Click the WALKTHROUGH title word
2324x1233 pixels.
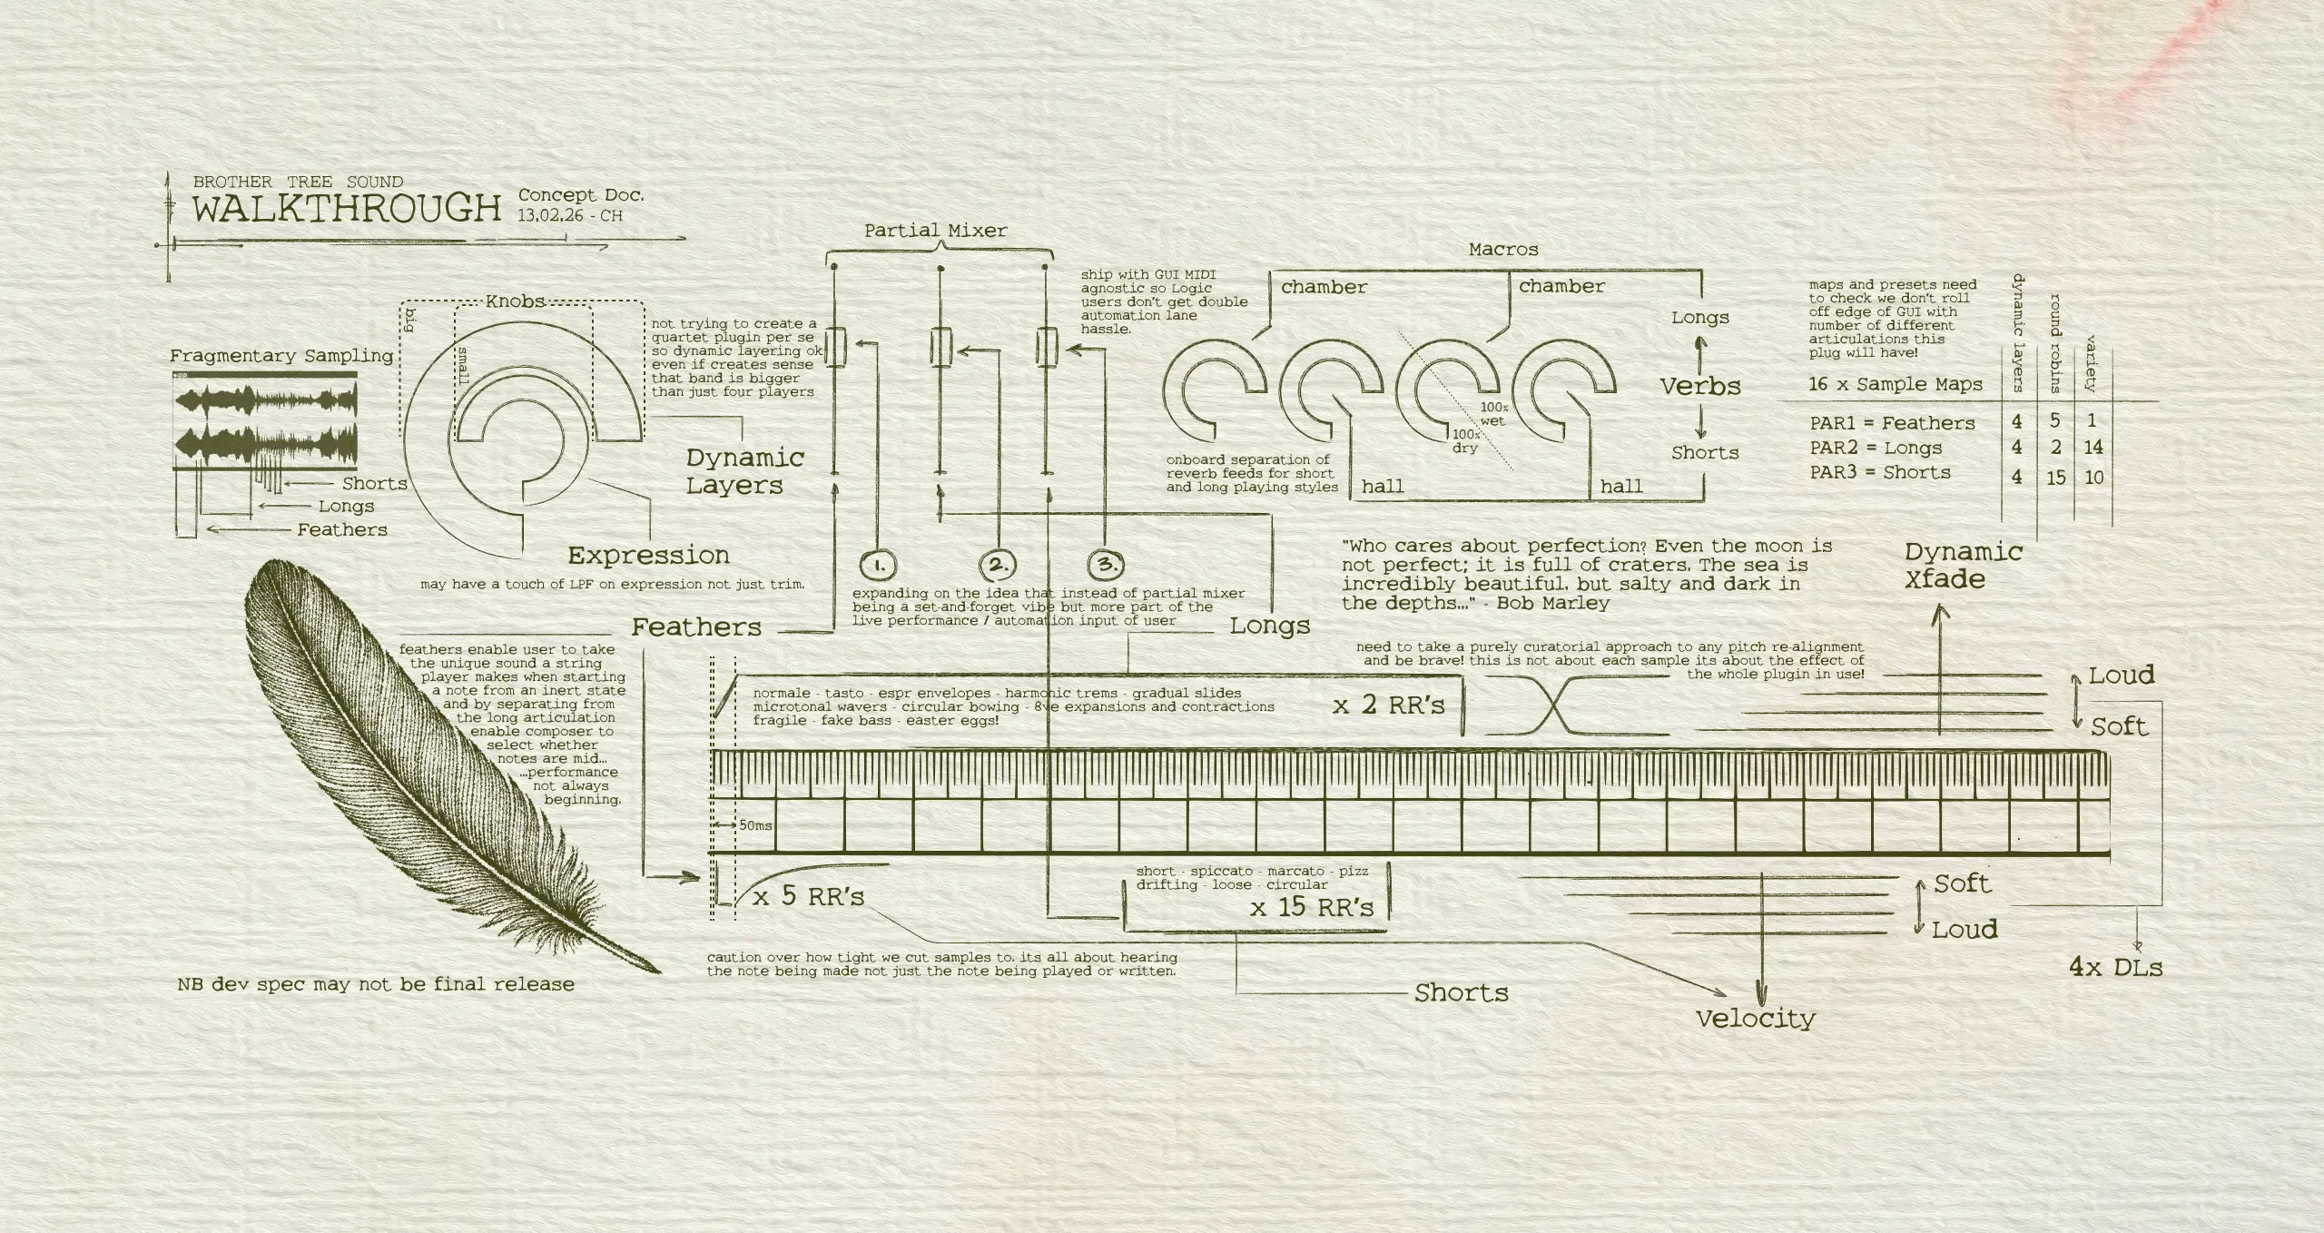click(346, 209)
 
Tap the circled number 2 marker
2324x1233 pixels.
click(997, 565)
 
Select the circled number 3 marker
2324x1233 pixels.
click(1107, 565)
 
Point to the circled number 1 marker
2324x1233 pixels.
click(878, 565)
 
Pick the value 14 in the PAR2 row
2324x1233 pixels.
click(2093, 447)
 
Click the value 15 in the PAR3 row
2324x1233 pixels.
click(2056, 477)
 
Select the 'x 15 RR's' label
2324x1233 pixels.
click(1312, 907)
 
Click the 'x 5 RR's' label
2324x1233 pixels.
click(809, 897)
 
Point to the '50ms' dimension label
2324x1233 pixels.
click(755, 825)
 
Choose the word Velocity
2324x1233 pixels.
click(1756, 1019)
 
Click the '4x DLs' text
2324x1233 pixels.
click(2116, 968)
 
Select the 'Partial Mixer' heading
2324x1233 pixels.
click(935, 231)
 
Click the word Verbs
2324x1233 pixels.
click(1701, 386)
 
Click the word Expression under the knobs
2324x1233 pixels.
click(649, 555)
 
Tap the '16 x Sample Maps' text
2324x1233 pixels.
click(1896, 384)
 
